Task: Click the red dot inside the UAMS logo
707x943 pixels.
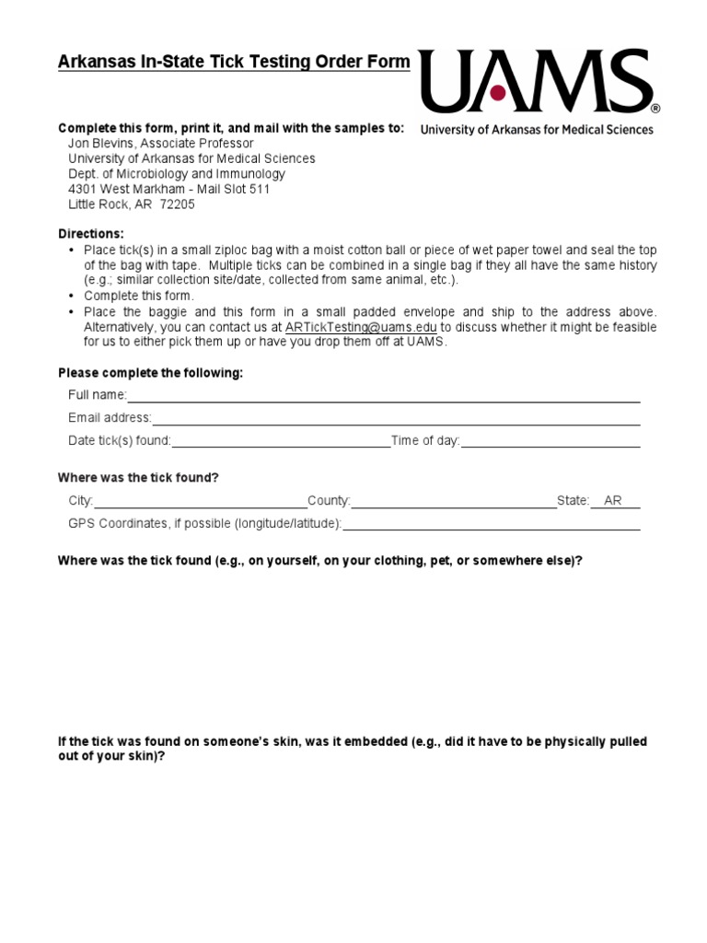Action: click(x=498, y=92)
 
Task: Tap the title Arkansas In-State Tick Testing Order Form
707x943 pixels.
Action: click(x=234, y=63)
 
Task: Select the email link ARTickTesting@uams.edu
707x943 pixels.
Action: click(x=361, y=326)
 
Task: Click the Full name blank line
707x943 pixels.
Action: click(x=383, y=397)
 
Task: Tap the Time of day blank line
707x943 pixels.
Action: click(x=550, y=442)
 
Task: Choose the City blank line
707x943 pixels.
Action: click(x=200, y=502)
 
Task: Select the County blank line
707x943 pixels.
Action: click(x=453, y=502)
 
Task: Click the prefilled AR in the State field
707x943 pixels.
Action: click(x=613, y=501)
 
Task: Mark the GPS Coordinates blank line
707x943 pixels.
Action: click(x=492, y=525)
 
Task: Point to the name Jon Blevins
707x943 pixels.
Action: click(x=103, y=144)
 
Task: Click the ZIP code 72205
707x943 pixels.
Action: click(x=177, y=204)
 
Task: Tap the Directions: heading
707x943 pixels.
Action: click(x=90, y=234)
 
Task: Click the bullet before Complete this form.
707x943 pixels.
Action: click(x=72, y=297)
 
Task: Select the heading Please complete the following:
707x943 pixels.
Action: click(x=151, y=373)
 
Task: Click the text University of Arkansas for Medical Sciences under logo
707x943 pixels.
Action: click(x=537, y=130)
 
